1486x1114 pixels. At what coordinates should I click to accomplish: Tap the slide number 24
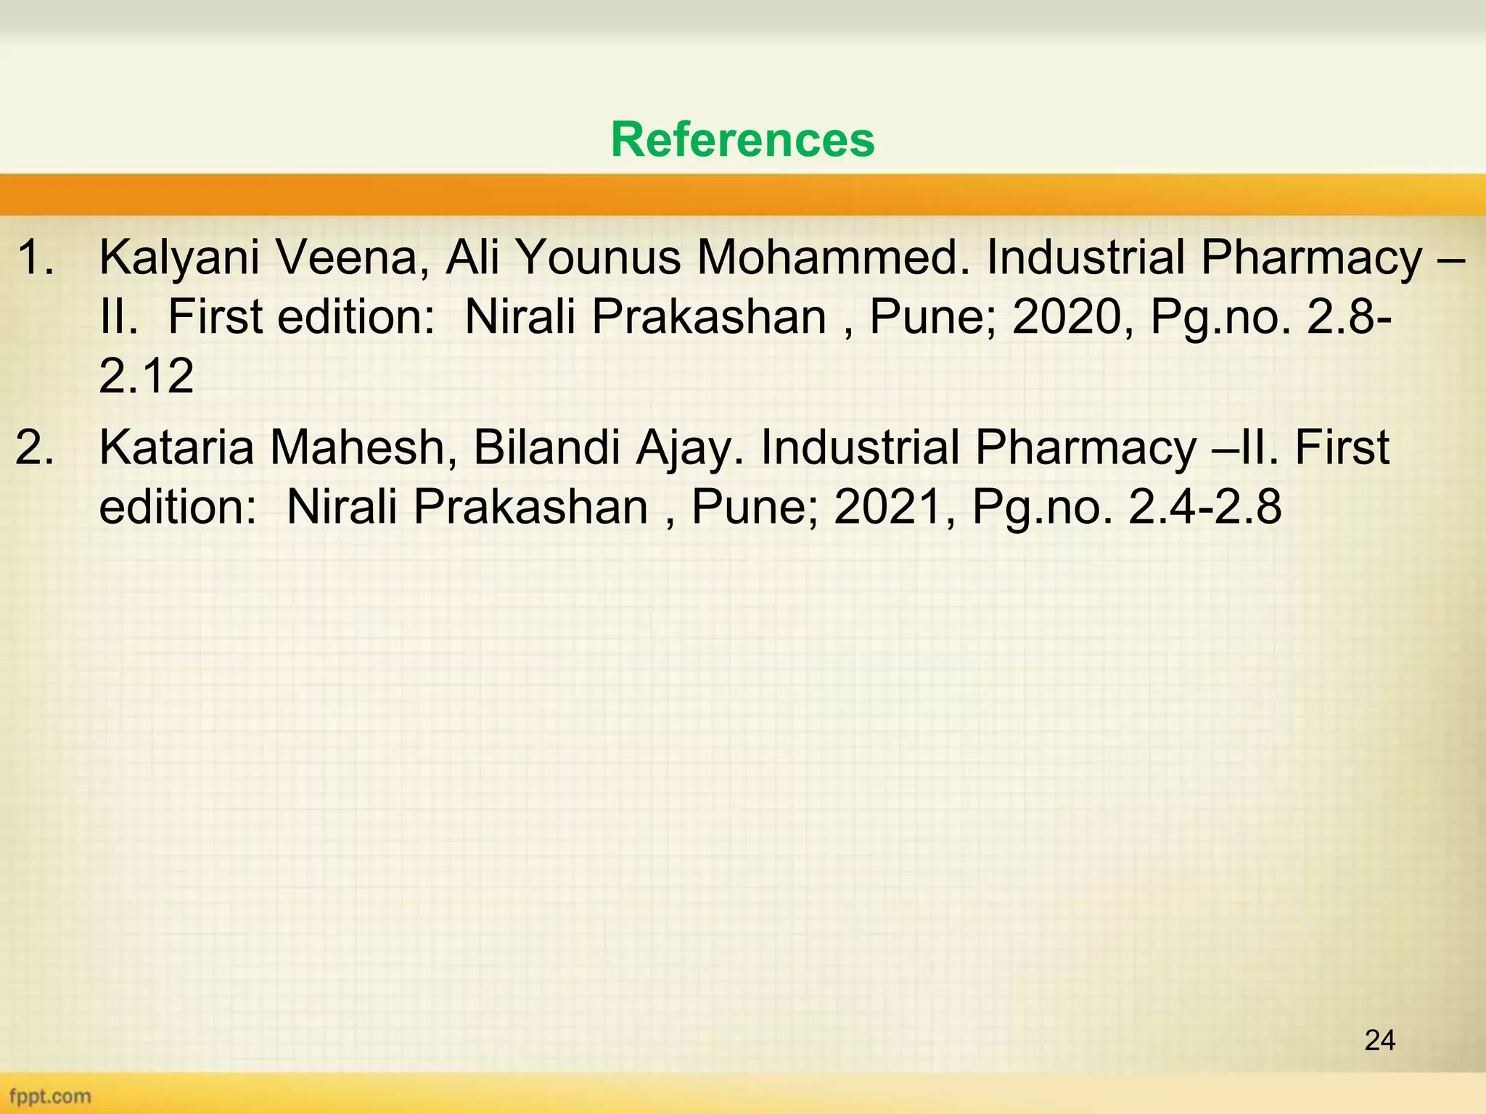[1379, 1040]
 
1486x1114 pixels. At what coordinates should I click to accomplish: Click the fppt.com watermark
[50, 1095]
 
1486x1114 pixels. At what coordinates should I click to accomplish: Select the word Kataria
[176, 447]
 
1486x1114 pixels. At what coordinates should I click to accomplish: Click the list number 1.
[34, 258]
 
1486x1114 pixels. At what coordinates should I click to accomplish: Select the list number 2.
[34, 447]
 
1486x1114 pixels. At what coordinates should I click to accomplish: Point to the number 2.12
[147, 376]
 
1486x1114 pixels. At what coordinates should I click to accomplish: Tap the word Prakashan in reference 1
[708, 317]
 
